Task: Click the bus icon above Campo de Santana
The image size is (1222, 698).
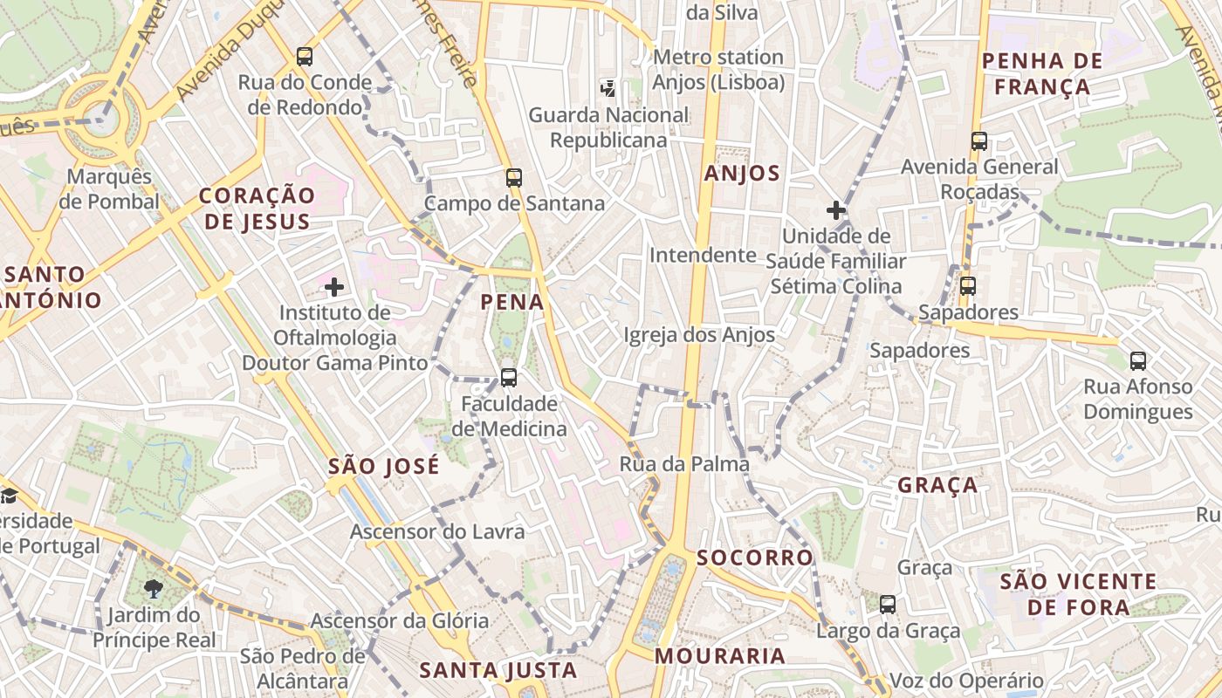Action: [514, 178]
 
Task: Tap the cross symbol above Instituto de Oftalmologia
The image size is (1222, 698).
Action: [333, 287]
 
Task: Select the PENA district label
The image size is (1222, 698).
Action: [512, 303]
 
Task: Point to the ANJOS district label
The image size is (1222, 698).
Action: [742, 174]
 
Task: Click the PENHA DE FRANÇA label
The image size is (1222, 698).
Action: [1042, 74]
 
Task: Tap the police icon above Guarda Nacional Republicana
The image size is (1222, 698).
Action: [608, 88]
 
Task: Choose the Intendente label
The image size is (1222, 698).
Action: [703, 256]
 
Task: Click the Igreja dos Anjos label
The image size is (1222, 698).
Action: [699, 335]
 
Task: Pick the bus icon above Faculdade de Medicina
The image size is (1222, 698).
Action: [509, 378]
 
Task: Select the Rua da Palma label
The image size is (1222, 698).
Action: [684, 464]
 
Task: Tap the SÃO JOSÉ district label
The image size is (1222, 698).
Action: [384, 467]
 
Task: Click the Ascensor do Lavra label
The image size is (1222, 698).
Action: [437, 531]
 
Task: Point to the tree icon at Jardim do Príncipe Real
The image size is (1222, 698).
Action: [154, 589]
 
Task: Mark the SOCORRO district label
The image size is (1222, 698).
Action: [755, 558]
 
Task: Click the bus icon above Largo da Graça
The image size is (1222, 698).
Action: [888, 604]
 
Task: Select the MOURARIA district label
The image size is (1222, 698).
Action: [720, 656]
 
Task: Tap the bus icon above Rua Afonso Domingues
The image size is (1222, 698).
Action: [1138, 360]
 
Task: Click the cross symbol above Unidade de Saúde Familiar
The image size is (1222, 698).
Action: [836, 210]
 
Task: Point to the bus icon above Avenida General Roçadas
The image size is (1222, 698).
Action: [979, 141]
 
